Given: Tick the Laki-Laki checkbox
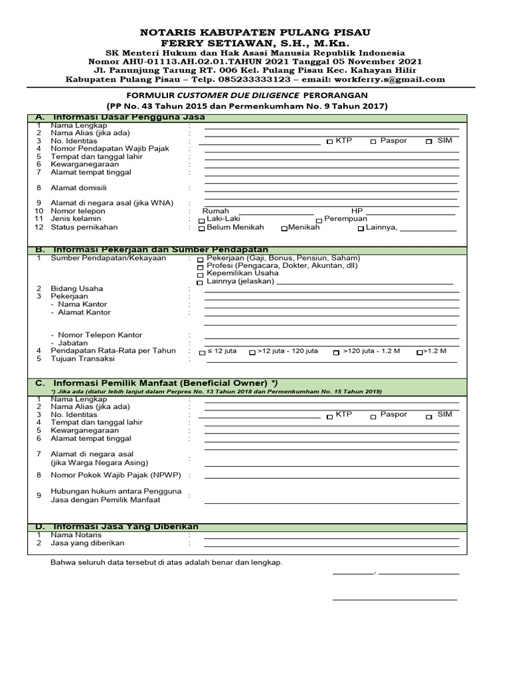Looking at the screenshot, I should tap(201, 220).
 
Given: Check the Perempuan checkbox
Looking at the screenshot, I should tap(319, 220).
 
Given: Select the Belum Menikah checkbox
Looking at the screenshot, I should tap(201, 229).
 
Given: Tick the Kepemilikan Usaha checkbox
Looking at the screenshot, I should tap(201, 274).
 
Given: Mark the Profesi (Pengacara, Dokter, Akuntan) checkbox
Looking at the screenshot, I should tap(201, 266).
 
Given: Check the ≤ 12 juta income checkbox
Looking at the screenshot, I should tap(202, 353).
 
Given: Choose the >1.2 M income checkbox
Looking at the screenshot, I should tap(419, 353).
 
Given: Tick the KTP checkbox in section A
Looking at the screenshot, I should tap(330, 142).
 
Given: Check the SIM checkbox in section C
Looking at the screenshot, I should tap(429, 416).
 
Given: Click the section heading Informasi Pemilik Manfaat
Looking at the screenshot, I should tap(160, 383).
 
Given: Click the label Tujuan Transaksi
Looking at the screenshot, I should tap(82, 359).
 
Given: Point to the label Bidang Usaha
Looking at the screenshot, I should tap(77, 288).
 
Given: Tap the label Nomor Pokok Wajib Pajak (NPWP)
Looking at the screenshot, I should tap(114, 475).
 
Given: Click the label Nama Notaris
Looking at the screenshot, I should tap(76, 534).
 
